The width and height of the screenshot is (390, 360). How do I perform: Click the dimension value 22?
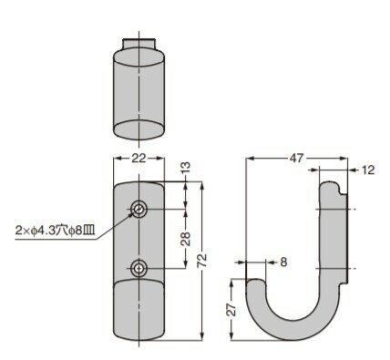(x=138, y=159)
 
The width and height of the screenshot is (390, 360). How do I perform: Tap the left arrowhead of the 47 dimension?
(x=252, y=159)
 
